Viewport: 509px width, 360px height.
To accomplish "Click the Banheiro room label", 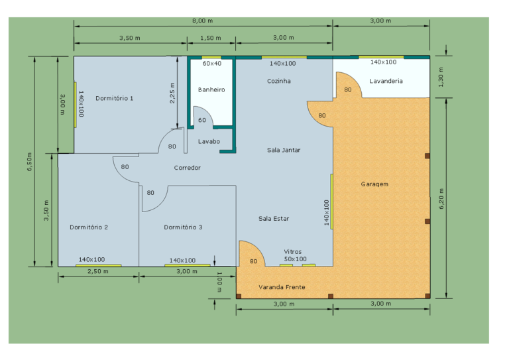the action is click(211, 90).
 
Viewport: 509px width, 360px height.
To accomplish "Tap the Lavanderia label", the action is click(386, 81).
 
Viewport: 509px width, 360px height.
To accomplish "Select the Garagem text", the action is click(374, 184).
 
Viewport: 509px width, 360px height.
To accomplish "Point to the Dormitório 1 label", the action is click(114, 98).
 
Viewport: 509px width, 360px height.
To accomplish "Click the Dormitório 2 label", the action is click(89, 227).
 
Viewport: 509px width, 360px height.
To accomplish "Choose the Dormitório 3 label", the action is click(183, 227).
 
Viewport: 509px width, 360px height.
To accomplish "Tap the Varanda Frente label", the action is click(282, 287).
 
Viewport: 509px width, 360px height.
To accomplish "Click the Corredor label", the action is click(188, 168).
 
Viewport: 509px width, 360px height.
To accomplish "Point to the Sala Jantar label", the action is click(284, 150).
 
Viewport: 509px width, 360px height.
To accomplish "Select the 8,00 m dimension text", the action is click(203, 21).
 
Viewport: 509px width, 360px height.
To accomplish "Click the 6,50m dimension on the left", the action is click(30, 162).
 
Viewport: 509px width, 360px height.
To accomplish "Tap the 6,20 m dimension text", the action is click(441, 199).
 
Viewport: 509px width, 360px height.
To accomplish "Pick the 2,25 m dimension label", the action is click(172, 93).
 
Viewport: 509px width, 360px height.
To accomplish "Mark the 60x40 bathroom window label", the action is click(212, 63).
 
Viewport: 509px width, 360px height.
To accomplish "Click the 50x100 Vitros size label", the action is click(296, 259).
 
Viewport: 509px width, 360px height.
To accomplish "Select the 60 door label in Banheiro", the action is click(202, 120).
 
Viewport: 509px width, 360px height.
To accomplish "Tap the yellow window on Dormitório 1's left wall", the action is click(76, 105).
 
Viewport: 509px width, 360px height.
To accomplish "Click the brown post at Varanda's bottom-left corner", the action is click(239, 296).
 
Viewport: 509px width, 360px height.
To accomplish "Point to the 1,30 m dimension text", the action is click(441, 78).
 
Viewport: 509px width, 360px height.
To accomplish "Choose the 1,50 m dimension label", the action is click(211, 38).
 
